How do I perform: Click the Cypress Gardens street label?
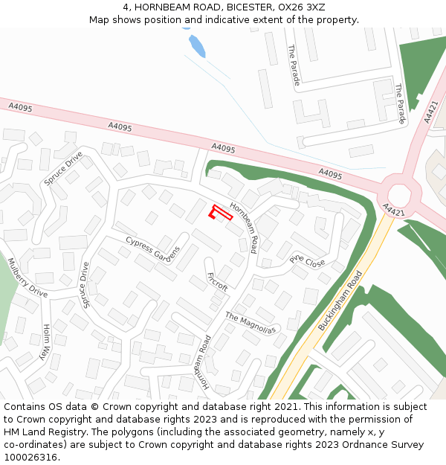tap(153, 250)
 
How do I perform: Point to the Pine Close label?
tap(308, 260)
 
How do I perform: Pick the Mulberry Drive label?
tap(27, 278)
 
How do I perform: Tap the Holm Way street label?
tap(48, 341)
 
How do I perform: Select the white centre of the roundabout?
tap(398, 195)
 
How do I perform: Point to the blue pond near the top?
tap(196, 45)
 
